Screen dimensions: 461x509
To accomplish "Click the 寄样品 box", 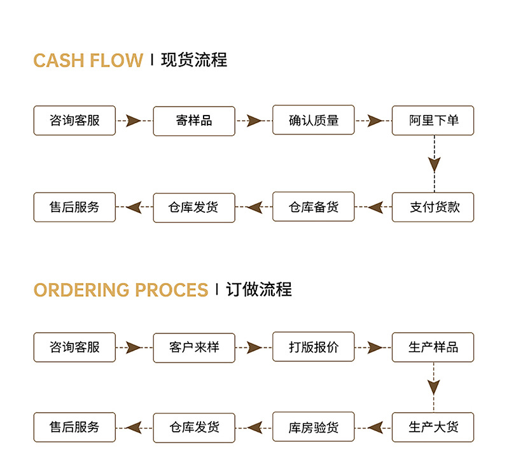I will (194, 121).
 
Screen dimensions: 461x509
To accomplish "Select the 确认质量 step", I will (314, 121).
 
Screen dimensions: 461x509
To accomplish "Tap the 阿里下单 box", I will (433, 121).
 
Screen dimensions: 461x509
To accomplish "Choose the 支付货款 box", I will (433, 207).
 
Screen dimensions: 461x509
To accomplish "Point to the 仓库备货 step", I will (314, 207).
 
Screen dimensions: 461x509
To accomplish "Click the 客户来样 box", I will (194, 347).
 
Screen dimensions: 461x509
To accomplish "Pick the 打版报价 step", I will (314, 347).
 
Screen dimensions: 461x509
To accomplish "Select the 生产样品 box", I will (433, 347).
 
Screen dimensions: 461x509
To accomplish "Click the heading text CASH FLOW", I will (88, 61).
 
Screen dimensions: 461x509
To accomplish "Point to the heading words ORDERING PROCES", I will (121, 290).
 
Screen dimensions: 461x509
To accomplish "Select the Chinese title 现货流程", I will (194, 61).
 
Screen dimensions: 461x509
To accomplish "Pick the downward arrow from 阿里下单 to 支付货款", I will (434, 164).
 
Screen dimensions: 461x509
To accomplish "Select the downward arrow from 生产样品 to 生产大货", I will (434, 387).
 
